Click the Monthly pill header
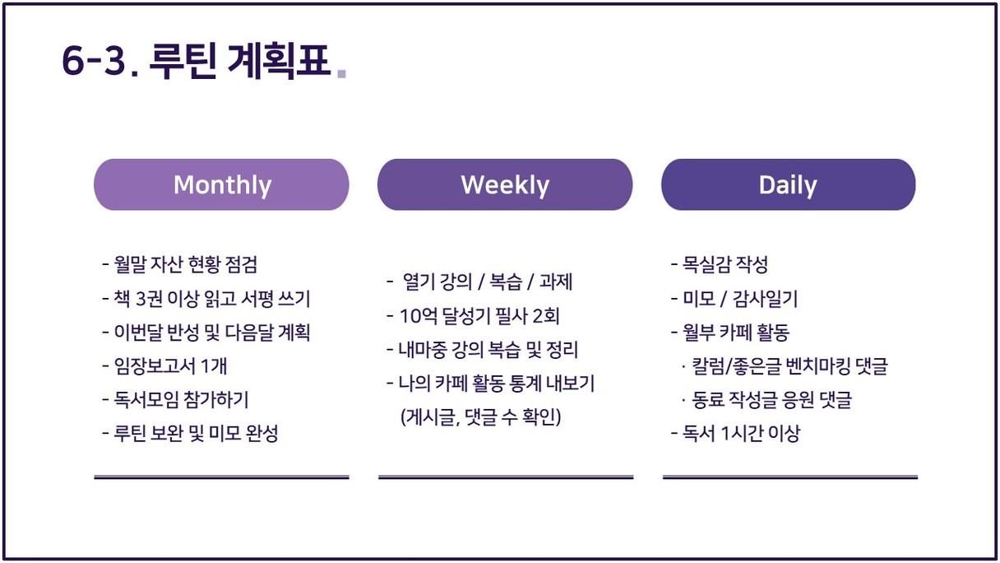coord(221,184)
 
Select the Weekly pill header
coord(505,184)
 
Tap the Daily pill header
coord(789,184)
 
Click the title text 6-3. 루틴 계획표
coord(197,61)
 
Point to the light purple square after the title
coord(341,73)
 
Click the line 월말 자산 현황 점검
coord(180,264)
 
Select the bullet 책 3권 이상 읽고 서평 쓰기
coord(206,298)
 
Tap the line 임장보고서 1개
coord(164,366)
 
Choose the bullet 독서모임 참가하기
coord(175,399)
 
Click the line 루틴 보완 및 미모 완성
coord(190,433)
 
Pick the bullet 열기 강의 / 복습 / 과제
coord(479,281)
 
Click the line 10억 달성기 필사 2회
coord(473,316)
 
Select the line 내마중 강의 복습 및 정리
coord(482,350)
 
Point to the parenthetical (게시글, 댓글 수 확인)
coord(481,417)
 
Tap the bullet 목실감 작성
coord(720,264)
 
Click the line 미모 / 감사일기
coord(734,298)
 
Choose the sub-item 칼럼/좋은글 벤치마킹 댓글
coord(785,366)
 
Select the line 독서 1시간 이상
coord(736,433)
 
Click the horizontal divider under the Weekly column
coord(506,477)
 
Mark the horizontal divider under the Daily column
coord(790,477)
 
